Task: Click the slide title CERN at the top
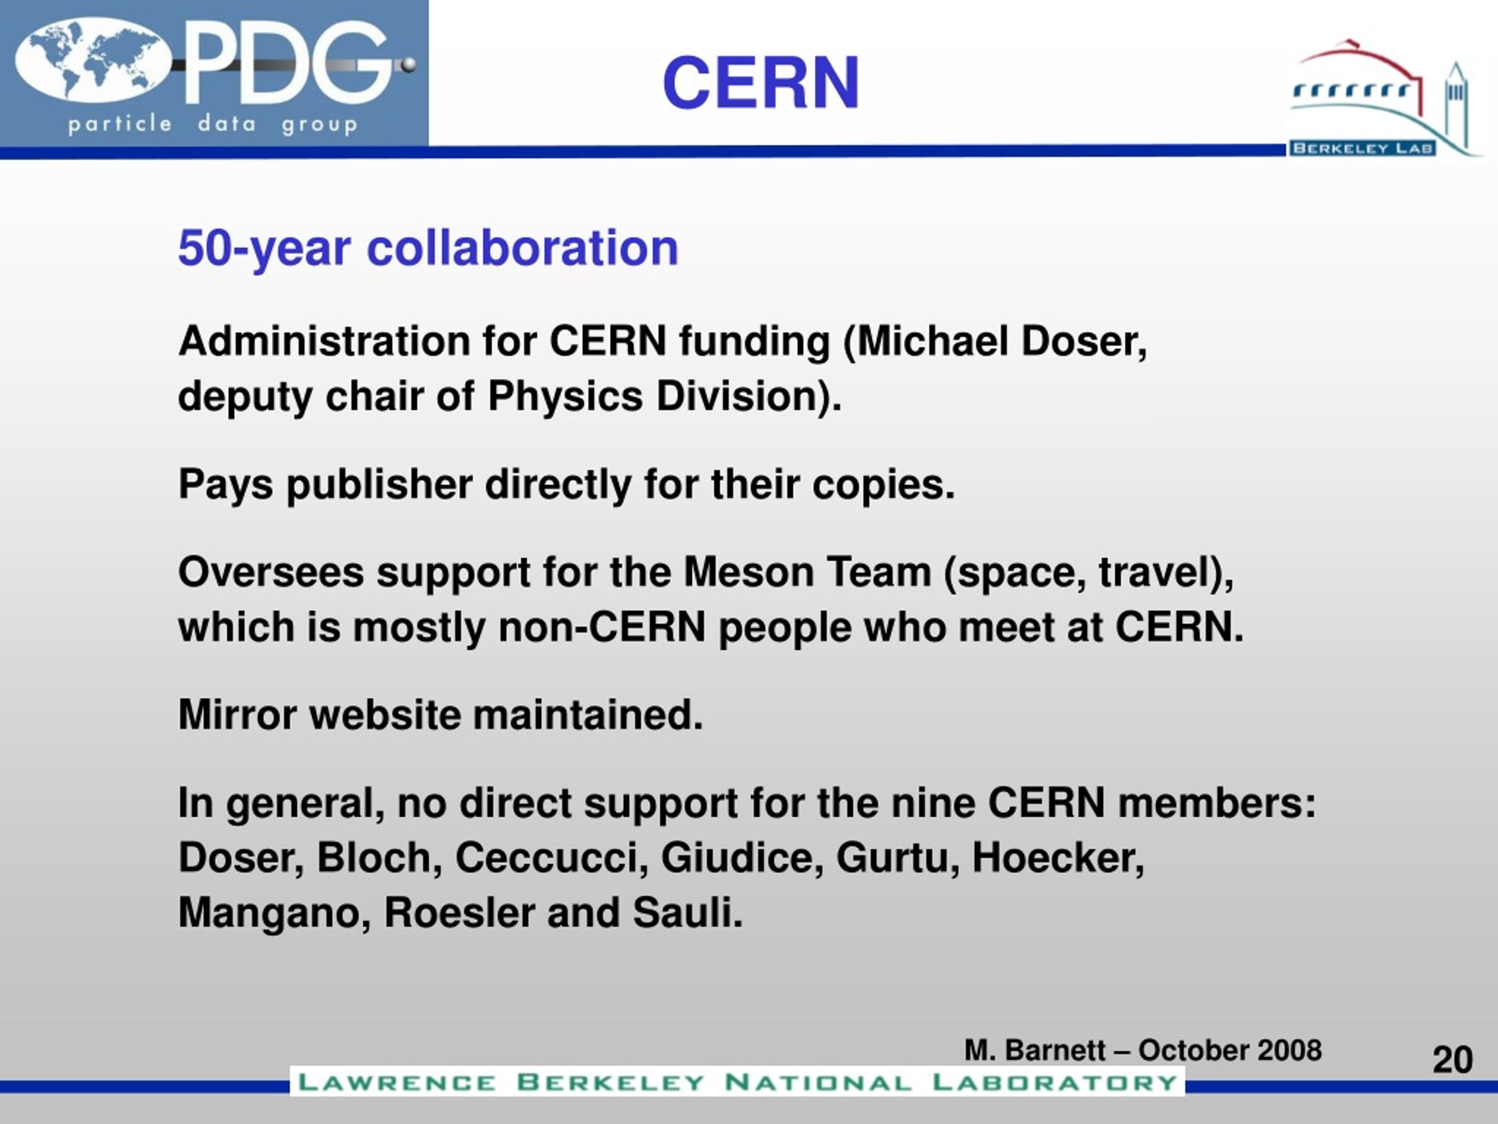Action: pos(761,83)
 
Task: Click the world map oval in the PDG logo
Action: pos(94,61)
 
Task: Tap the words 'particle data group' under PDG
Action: pos(212,125)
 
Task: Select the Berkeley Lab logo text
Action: pos(1362,148)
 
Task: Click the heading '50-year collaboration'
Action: pos(428,248)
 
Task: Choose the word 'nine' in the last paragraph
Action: pos(933,804)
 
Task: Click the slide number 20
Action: pos(1452,1060)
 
